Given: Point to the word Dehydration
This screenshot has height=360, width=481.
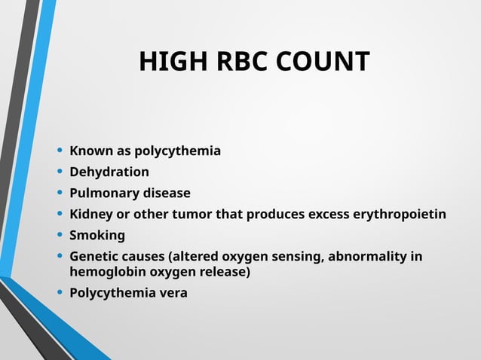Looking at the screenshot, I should pos(109,172).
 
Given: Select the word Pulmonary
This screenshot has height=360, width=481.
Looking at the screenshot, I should pos(102,193).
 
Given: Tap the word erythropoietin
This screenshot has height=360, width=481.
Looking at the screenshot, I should pos(400,215).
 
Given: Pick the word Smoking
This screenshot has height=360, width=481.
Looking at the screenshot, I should pos(97,236).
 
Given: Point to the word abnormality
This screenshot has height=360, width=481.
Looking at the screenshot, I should pos(369,257).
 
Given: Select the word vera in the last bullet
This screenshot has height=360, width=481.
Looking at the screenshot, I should pos(171,292).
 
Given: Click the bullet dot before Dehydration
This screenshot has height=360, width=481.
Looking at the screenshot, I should pos(60,172).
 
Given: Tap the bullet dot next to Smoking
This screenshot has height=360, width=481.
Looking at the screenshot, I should pos(60,236).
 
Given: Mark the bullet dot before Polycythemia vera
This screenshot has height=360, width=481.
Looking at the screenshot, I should pos(60,292).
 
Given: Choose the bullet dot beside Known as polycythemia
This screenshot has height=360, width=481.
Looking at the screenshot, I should pos(60,151).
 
